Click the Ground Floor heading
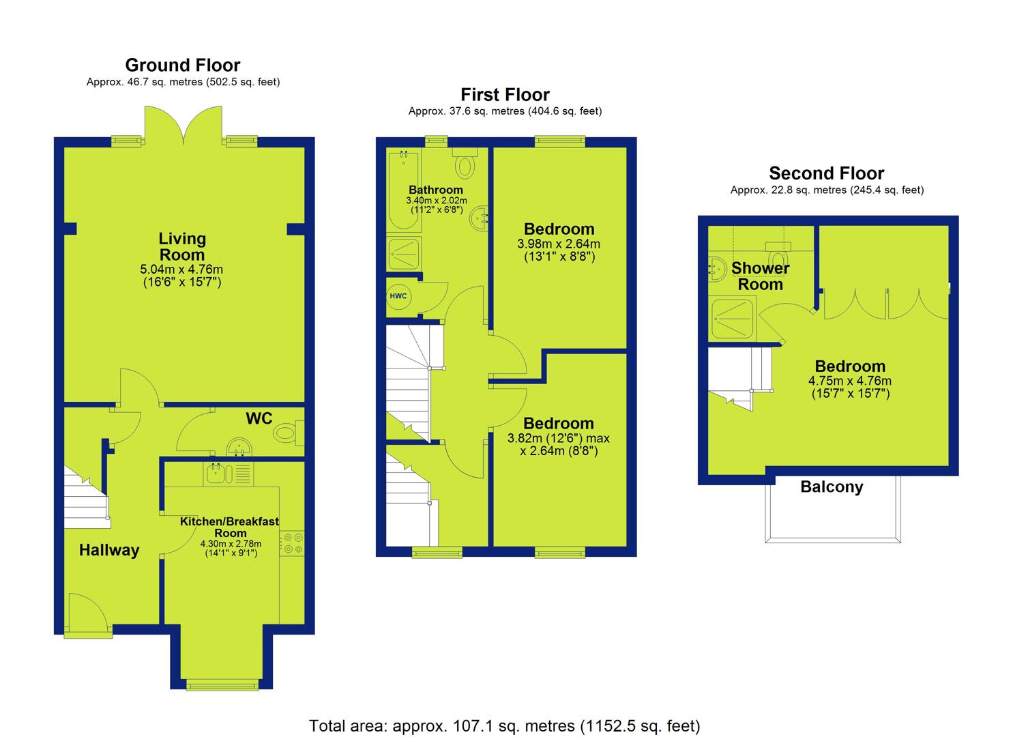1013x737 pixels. tap(183, 65)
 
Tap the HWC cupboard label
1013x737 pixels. tap(398, 296)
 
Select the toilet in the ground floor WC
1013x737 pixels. tap(288, 433)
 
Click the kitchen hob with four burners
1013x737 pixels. tap(292, 543)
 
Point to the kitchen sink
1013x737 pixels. tap(229, 474)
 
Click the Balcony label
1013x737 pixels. tap(832, 487)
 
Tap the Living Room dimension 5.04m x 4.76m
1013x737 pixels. tap(181, 269)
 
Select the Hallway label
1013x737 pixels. tap(109, 550)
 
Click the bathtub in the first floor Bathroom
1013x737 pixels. tap(403, 190)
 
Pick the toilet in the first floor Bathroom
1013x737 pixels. tap(465, 163)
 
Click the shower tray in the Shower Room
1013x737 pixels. tap(732, 319)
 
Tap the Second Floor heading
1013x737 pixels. tap(827, 173)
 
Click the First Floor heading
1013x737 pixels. tap(505, 95)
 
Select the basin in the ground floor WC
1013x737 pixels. tap(239, 447)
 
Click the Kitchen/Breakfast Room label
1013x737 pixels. tap(230, 527)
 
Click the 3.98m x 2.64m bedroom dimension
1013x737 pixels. tap(559, 244)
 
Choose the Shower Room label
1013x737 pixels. tap(760, 276)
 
